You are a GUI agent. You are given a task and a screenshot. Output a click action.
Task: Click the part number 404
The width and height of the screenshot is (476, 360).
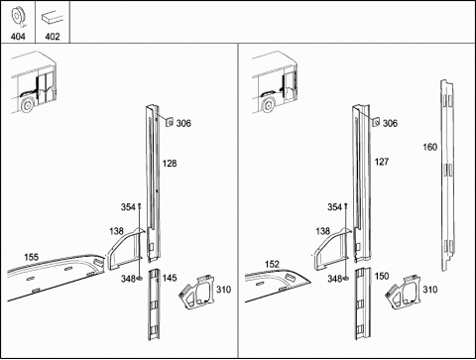18,37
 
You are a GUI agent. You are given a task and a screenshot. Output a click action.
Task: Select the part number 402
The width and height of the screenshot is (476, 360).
53,37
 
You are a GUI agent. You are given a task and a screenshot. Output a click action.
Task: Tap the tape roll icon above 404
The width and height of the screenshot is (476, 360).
17,18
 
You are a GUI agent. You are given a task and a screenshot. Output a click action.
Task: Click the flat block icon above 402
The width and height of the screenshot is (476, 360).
53,18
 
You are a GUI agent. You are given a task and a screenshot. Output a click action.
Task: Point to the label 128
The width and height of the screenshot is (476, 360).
170,164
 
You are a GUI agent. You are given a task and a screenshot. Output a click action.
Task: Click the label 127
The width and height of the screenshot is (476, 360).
382,162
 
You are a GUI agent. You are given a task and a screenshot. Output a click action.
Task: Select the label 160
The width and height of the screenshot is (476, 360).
430,147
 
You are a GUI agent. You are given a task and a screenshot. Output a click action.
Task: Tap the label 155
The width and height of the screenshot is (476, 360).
31,257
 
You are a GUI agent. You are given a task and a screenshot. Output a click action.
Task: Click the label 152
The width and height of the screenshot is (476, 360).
272,264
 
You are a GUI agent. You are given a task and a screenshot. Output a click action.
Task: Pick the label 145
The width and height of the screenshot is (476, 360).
170,278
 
